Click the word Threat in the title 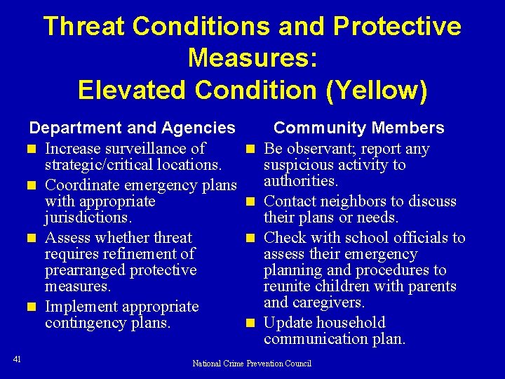point(84,27)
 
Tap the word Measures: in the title point(252,58)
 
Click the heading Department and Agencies point(132,128)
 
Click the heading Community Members point(358,128)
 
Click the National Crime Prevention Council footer point(252,364)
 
